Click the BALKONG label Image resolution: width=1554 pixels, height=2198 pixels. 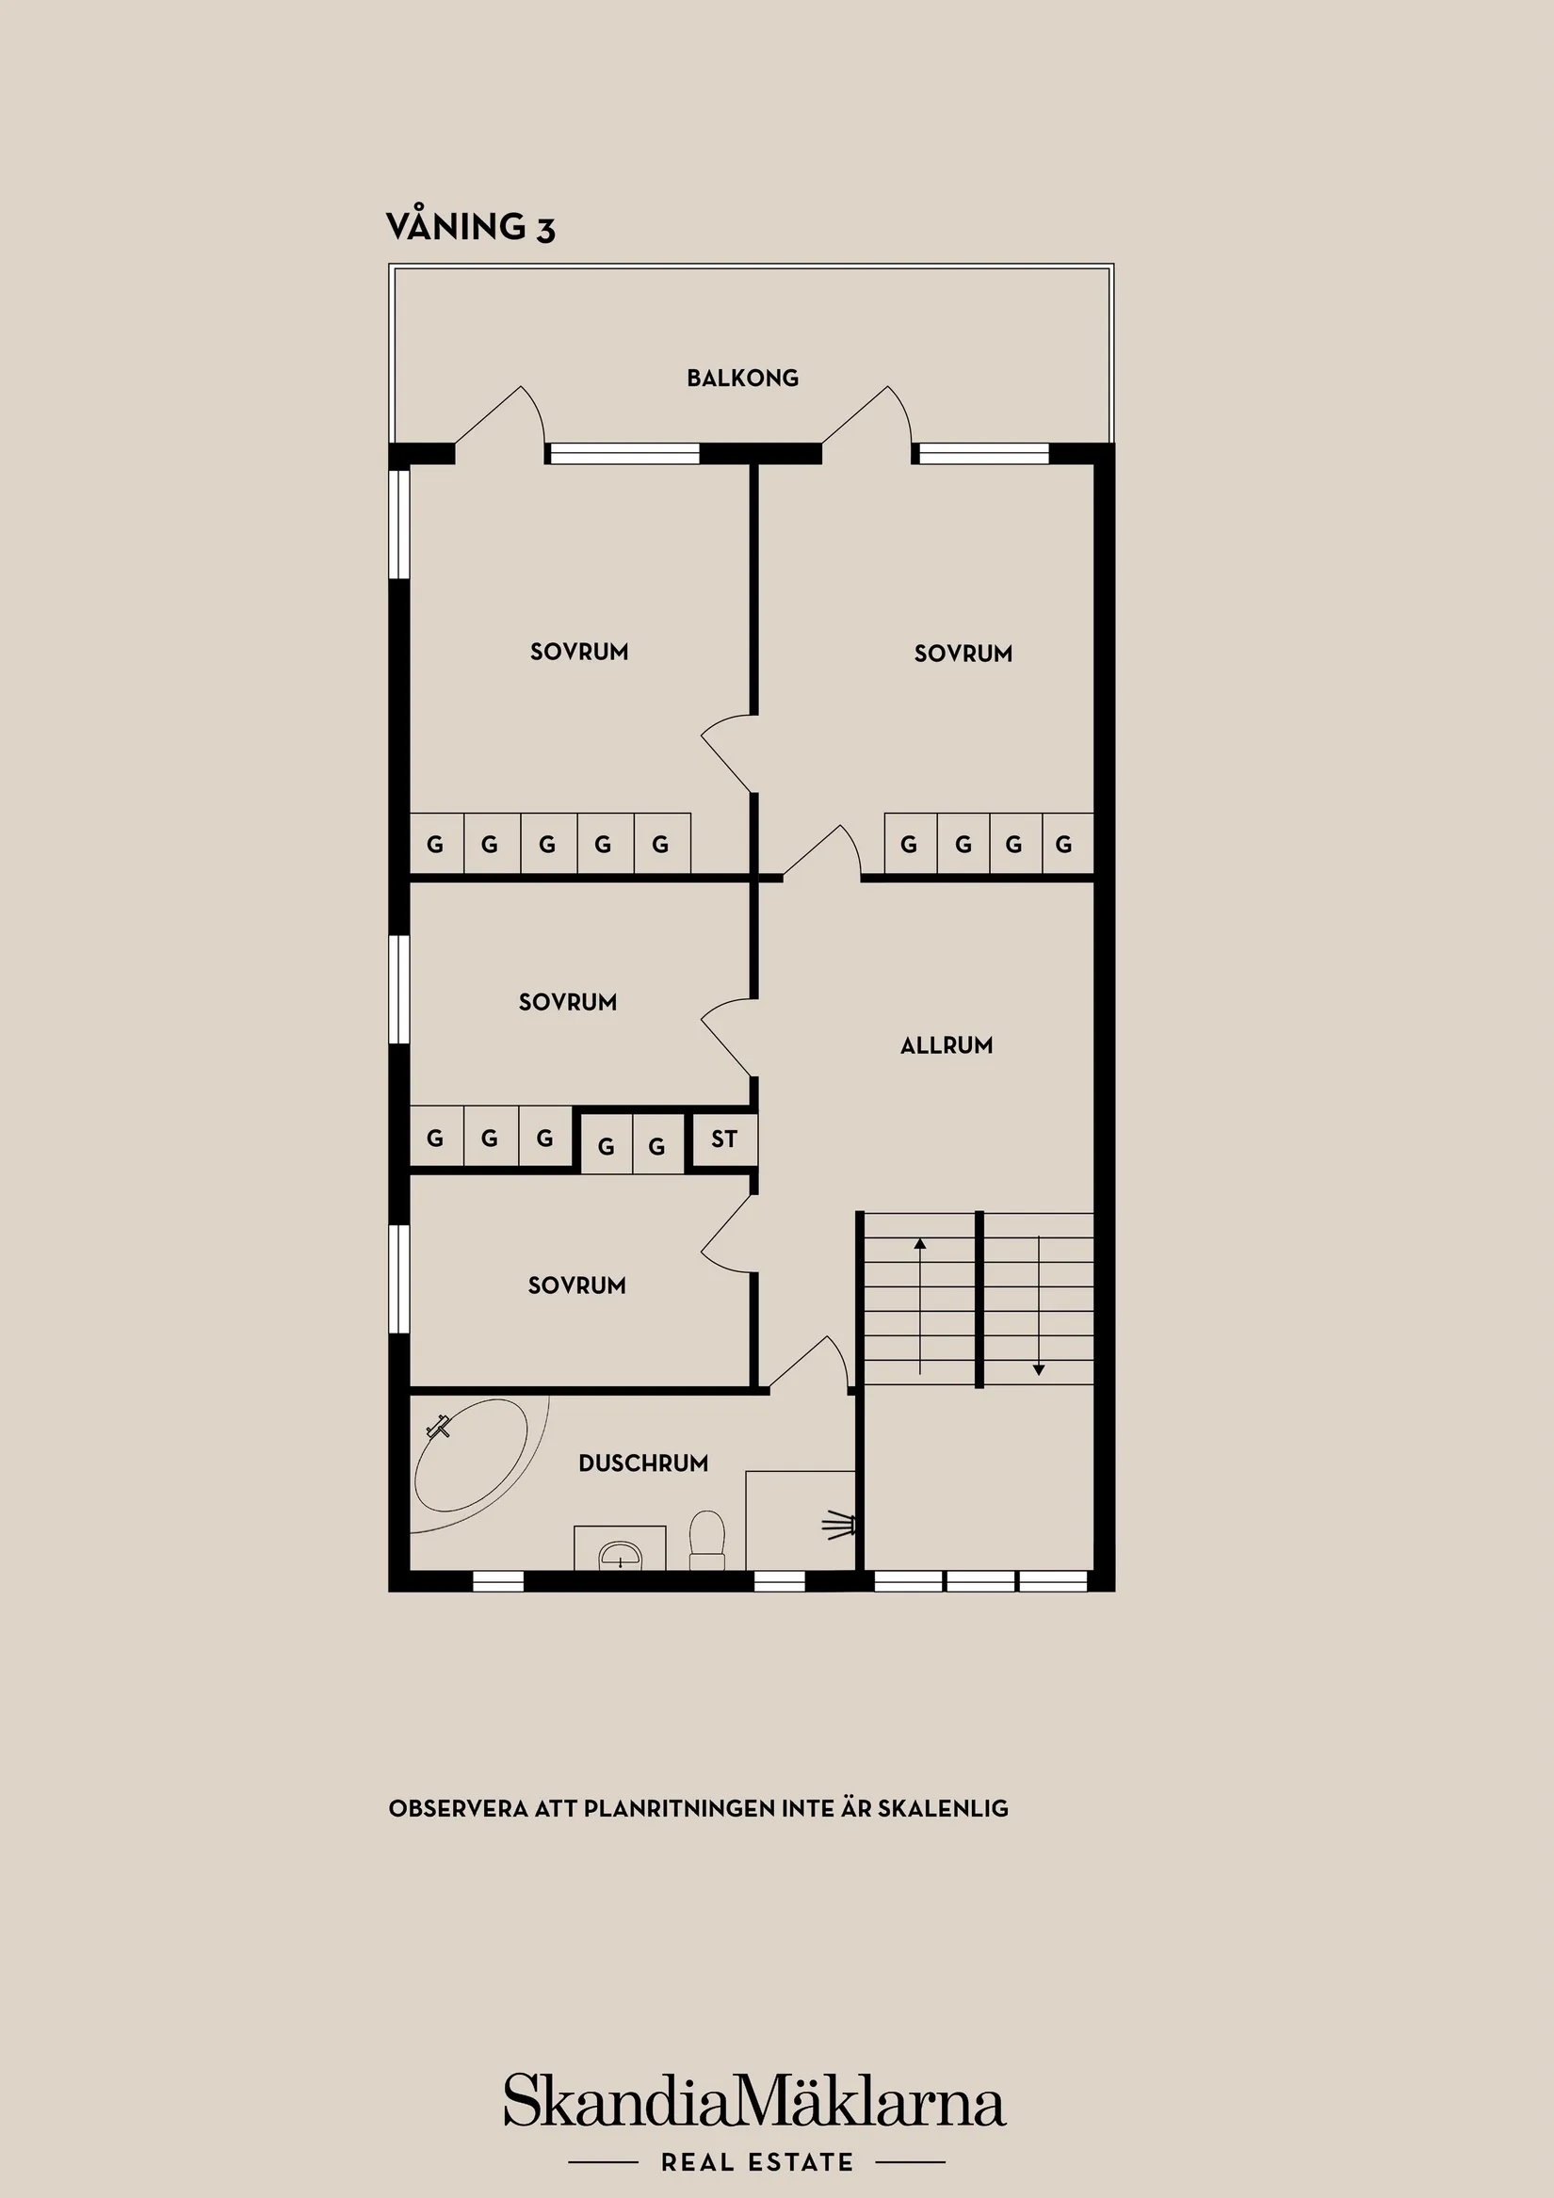(742, 379)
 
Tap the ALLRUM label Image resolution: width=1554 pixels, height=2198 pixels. (946, 1045)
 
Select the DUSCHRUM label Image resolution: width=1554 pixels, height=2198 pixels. (643, 1463)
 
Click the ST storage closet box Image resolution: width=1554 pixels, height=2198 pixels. (724, 1139)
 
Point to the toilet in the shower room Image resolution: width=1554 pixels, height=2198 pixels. (707, 1537)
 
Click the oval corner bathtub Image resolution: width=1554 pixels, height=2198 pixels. (471, 1457)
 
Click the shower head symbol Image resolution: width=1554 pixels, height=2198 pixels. (841, 1525)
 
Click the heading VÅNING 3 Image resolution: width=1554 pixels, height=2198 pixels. (470, 228)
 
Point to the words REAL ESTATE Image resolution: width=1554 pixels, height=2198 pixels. (756, 2161)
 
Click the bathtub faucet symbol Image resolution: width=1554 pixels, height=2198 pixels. (440, 1427)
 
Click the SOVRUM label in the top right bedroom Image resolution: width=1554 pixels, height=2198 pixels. (963, 654)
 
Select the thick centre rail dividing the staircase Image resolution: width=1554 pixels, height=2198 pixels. (979, 1299)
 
